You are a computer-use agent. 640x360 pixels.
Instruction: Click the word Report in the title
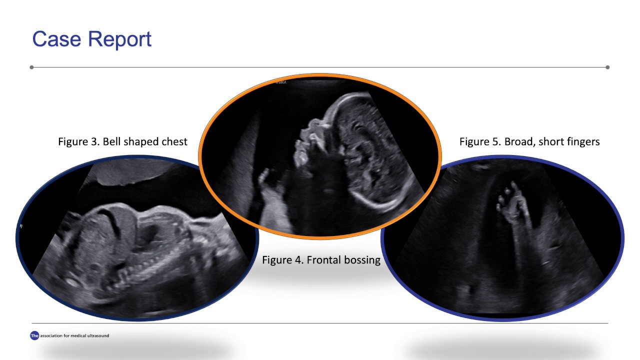click(121, 39)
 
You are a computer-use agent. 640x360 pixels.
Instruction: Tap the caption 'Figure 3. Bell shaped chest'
click(122, 141)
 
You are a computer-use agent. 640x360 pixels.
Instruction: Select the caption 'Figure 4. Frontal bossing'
click(321, 260)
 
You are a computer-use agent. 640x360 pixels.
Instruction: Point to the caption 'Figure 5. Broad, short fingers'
click(529, 141)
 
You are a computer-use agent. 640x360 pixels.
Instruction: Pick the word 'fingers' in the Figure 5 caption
click(582, 141)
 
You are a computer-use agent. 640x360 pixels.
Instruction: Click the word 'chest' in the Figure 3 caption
click(174, 141)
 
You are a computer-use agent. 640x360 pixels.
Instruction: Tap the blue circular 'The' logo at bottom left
click(34, 336)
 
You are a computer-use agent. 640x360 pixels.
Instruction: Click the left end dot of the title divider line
click(32, 67)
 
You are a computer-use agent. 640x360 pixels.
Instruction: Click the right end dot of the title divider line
click(607, 67)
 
